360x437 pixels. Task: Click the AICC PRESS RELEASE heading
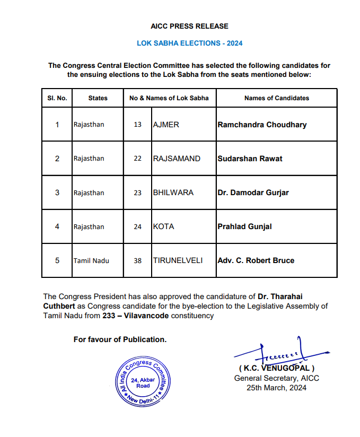189,26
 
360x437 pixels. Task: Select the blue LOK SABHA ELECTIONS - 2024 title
189,43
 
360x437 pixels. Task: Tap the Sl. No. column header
57,98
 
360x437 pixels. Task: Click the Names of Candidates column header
276,98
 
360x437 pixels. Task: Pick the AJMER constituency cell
166,125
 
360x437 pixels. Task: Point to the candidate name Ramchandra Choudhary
262,125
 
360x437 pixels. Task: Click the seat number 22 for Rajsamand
138,159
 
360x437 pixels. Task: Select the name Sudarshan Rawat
250,159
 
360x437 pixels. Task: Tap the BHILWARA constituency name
173,193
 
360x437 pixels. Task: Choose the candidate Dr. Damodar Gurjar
253,193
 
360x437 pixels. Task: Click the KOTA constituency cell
163,226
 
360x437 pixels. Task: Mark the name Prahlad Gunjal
244,226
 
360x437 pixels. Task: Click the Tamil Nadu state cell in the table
91,260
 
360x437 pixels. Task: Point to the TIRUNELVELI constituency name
178,260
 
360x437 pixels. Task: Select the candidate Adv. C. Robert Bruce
256,260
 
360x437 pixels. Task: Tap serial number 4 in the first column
57,226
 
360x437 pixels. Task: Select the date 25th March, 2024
276,388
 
